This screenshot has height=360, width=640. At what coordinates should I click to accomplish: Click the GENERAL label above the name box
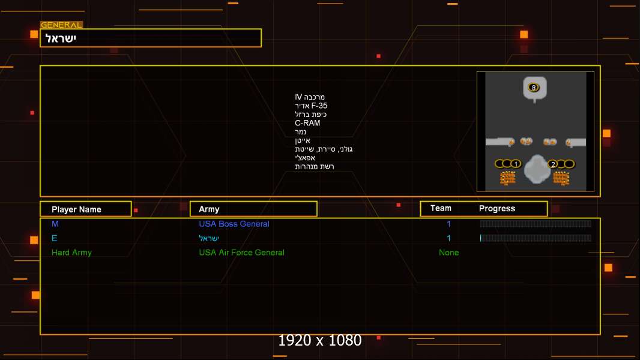tap(61, 25)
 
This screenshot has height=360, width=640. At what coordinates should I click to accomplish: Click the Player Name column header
tap(76, 209)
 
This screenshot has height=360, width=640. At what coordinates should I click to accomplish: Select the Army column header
tap(209, 209)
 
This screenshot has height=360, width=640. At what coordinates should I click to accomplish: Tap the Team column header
tap(441, 208)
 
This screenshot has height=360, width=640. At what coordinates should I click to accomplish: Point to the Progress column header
tap(497, 209)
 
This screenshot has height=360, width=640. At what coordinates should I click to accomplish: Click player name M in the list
tap(55, 223)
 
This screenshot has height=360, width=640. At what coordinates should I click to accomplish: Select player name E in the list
tap(54, 238)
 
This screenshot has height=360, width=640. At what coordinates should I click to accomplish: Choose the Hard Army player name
tap(71, 253)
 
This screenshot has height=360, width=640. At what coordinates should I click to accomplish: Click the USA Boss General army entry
tap(234, 224)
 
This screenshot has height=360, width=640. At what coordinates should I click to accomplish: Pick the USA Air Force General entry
tap(241, 253)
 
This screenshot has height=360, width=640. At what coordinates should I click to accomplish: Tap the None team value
tap(448, 253)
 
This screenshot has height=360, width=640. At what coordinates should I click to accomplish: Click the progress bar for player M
tap(536, 223)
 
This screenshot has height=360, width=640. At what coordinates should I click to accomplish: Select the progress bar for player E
tap(536, 238)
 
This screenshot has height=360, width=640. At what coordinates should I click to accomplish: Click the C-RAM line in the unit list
tap(307, 123)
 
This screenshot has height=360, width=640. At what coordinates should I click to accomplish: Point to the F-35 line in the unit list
tap(311, 106)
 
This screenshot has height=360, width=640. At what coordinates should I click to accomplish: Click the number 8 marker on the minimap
tap(534, 88)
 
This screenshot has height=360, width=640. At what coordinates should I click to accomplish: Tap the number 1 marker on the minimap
tap(516, 164)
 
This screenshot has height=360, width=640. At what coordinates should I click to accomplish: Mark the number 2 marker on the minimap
tap(553, 164)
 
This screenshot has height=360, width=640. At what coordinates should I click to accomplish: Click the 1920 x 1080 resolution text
tap(319, 340)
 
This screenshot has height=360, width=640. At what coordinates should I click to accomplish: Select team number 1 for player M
tap(448, 224)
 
